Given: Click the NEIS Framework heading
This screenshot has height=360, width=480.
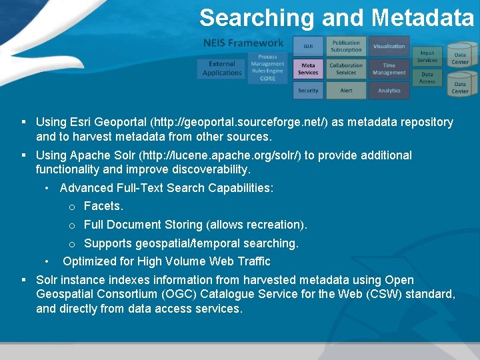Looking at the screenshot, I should point(243,43).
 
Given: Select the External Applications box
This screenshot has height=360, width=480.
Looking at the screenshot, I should point(222,69).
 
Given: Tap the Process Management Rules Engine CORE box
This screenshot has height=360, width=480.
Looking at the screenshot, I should point(267,68).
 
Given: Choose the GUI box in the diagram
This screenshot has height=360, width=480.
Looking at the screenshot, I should point(308,47).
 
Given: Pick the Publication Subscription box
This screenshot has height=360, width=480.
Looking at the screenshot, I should point(346,46).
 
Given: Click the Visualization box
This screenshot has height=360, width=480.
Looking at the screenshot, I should point(389,47).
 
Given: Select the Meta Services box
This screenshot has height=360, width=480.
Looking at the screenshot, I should point(308,69).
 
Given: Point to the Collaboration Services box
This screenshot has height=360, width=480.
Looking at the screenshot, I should point(346,69).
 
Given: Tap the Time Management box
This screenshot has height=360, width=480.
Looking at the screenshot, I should point(389,69).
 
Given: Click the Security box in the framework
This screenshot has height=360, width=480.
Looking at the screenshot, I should point(308,91).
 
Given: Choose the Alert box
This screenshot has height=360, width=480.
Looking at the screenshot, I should point(346,91).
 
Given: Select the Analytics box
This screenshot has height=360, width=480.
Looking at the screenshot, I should point(389,91).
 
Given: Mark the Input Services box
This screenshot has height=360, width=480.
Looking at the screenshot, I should point(427,57).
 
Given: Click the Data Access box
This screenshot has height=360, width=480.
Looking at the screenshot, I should point(427,78).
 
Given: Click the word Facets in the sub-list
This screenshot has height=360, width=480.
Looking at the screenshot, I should point(103,207).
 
